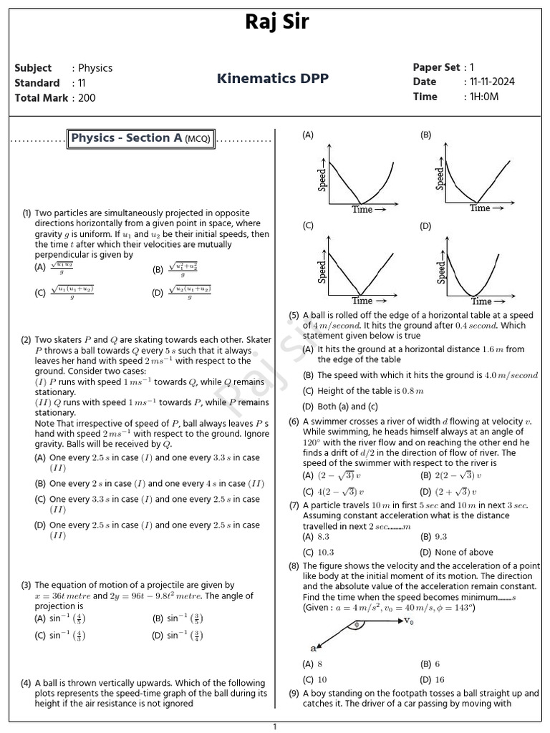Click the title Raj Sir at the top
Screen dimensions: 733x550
[276, 21]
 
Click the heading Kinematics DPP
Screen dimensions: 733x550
[273, 78]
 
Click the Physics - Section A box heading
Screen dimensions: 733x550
[140, 138]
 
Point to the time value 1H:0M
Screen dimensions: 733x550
[481, 97]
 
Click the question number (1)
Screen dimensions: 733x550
[26, 213]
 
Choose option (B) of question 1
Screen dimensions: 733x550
[182, 270]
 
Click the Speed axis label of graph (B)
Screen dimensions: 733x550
[440, 178]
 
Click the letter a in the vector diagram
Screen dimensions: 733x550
[313, 648]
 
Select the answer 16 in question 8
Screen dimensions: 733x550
[440, 679]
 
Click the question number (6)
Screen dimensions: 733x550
[294, 422]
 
